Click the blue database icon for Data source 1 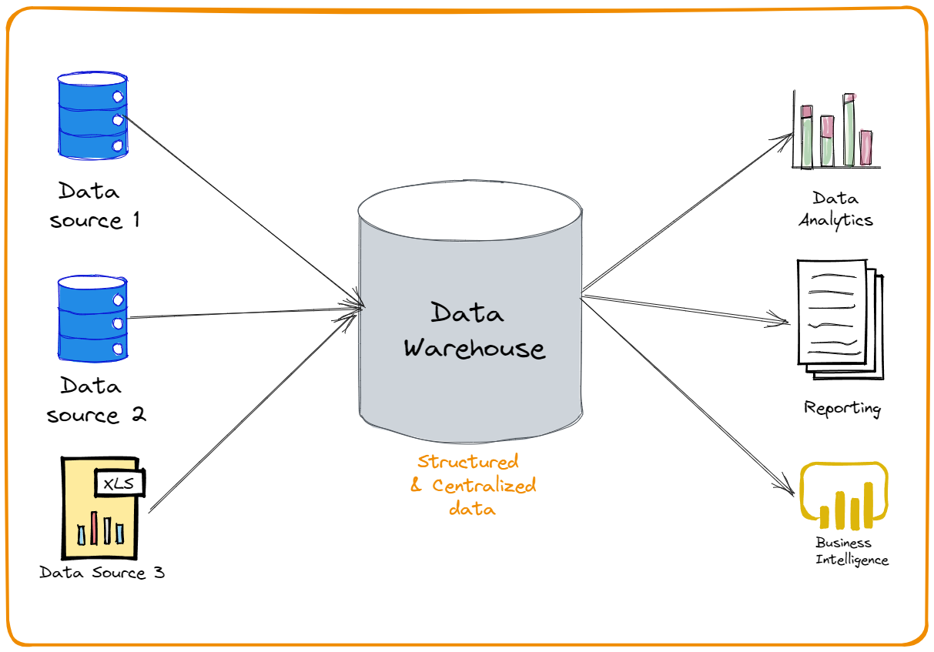[x=92, y=116]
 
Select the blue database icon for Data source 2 [x=92, y=319]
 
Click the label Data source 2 [x=95, y=400]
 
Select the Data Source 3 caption [x=102, y=573]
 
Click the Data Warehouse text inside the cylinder [x=473, y=331]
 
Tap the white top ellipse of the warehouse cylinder [x=469, y=211]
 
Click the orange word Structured [x=468, y=462]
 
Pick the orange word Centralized [x=484, y=486]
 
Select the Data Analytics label [x=835, y=209]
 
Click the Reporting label [x=842, y=408]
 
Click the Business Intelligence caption [x=851, y=551]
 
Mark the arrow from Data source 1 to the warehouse [x=239, y=208]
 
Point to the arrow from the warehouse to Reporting [x=685, y=307]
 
